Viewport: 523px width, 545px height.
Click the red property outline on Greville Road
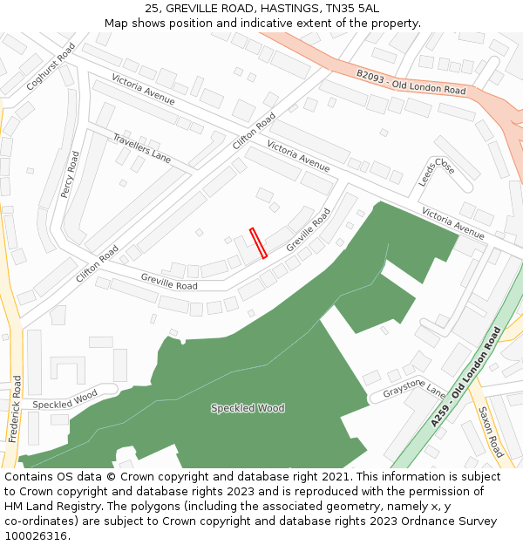pyautogui.click(x=258, y=243)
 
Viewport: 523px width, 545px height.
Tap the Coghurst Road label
pyautogui.click(x=51, y=66)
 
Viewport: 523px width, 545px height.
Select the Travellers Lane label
pyautogui.click(x=142, y=148)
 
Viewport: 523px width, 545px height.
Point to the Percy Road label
pyautogui.click(x=70, y=174)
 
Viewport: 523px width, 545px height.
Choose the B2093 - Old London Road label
pyautogui.click(x=411, y=82)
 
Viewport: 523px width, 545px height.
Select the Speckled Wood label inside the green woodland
pyautogui.click(x=248, y=408)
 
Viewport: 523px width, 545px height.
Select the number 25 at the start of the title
pyautogui.click(x=151, y=8)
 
